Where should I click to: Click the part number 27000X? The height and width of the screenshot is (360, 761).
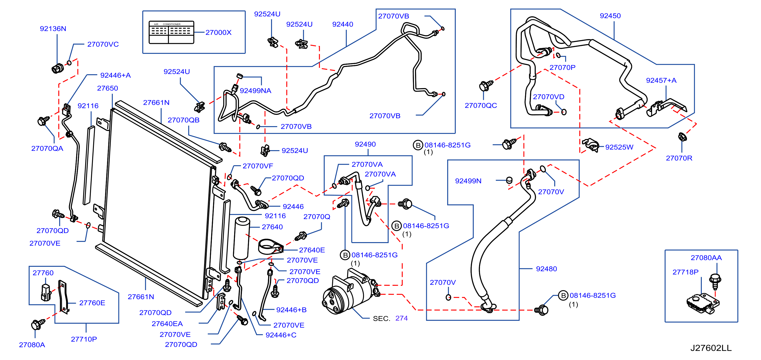tap(218, 33)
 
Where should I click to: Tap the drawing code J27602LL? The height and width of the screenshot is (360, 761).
tap(711, 348)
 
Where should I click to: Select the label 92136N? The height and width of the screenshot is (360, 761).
tap(53, 29)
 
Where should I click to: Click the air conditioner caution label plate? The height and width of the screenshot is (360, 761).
tap(171, 33)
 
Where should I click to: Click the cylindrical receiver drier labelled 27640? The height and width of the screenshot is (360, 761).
tap(242, 238)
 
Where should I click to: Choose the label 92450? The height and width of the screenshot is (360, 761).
tap(610, 16)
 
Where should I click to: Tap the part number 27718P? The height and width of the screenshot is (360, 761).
tap(685, 272)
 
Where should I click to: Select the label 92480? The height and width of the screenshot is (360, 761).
tap(546, 269)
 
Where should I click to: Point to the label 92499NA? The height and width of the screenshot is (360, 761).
tap(255, 91)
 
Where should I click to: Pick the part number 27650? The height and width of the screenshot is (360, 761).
tap(108, 88)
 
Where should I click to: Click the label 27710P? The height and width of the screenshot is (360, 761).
tap(84, 339)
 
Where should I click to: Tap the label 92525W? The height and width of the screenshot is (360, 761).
tap(619, 147)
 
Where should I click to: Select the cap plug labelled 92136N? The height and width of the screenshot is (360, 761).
tap(57, 68)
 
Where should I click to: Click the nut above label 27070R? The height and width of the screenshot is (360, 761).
tap(682, 137)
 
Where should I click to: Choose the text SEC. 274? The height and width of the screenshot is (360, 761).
tap(390, 318)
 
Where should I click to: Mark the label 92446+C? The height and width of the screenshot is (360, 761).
tap(281, 335)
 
